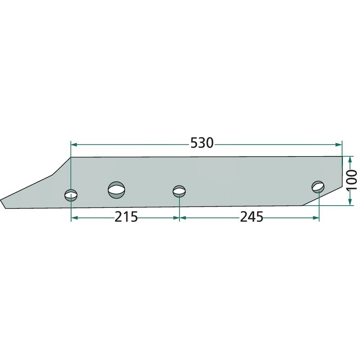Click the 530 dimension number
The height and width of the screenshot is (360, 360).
202,143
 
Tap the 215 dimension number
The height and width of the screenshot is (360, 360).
126,217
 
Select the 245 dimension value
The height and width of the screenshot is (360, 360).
252,217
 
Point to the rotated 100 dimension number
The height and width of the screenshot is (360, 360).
351,180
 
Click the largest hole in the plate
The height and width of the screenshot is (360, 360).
117,189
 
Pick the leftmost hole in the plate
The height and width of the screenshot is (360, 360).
71,195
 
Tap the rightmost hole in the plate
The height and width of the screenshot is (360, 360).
318,186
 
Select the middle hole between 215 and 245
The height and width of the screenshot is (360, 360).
179,191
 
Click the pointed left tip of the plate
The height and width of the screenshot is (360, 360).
1,200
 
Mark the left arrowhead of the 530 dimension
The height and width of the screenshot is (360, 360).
74,144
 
